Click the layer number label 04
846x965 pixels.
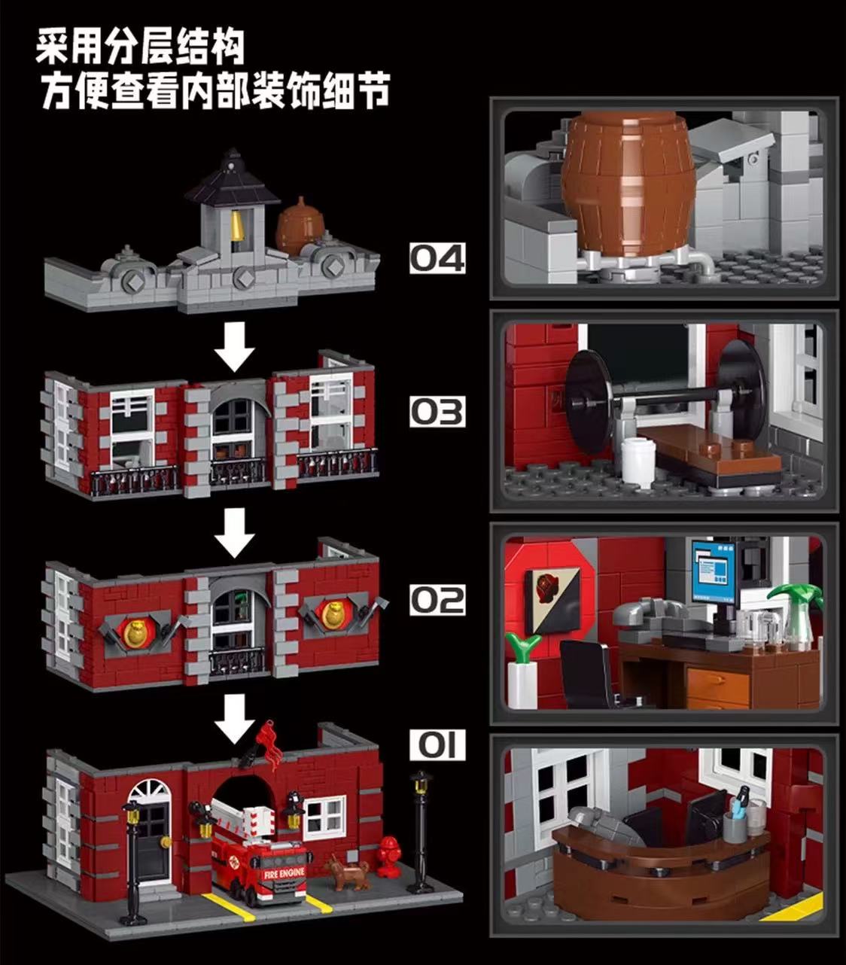click(x=437, y=258)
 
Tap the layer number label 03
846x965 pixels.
click(x=437, y=412)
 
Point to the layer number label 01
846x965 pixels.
click(x=437, y=746)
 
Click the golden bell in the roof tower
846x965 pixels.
click(x=236, y=224)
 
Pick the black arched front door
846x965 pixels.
click(x=151, y=836)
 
